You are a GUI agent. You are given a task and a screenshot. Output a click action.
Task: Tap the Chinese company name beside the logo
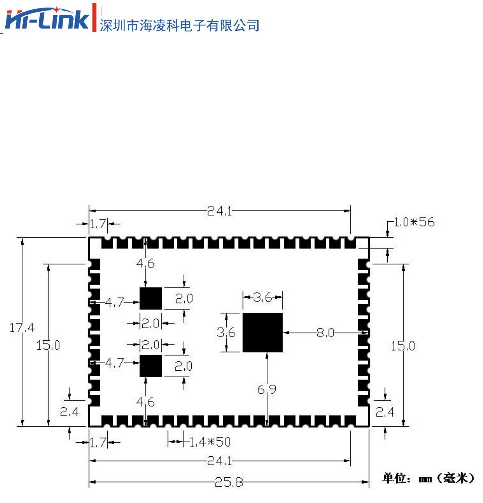tap(180, 25)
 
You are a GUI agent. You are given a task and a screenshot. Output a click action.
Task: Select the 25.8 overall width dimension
tap(229, 483)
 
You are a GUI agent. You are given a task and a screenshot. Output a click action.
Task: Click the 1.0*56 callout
tap(414, 222)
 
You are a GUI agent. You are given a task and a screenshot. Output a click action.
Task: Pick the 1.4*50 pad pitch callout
tap(210, 442)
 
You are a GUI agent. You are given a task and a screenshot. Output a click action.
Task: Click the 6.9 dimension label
tap(266, 389)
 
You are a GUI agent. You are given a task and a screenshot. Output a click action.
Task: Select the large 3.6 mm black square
tap(262, 332)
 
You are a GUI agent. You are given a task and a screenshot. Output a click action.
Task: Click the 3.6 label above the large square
tap(262, 298)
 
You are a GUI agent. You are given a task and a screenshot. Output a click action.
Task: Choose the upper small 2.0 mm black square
tap(151, 299)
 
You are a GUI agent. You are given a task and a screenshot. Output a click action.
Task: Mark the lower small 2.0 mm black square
tap(151, 366)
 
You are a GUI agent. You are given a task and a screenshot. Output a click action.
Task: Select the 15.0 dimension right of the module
tap(403, 346)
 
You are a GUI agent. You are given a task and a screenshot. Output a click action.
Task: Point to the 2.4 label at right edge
tap(385, 412)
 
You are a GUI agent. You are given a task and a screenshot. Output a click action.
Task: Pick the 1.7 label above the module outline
tap(98, 225)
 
